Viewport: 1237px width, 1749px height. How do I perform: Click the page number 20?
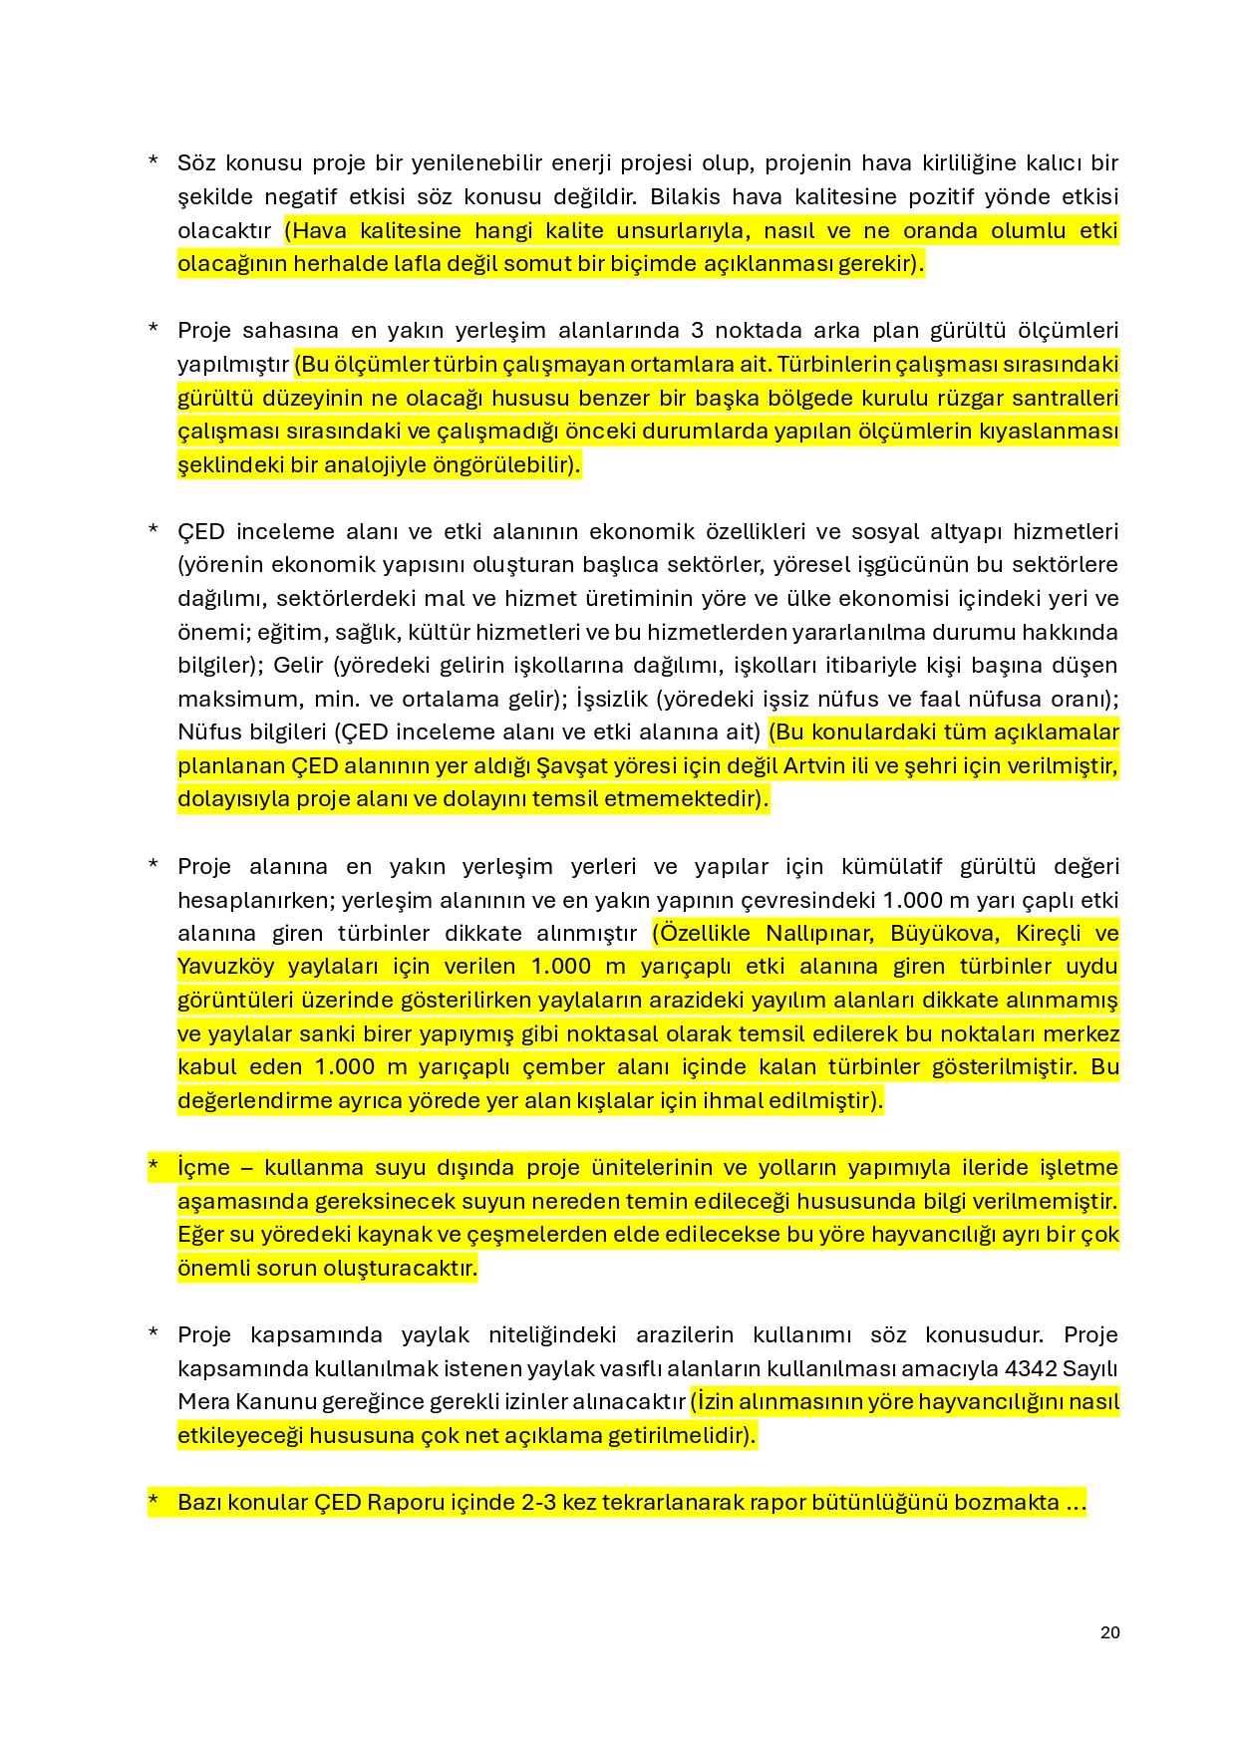1109,1632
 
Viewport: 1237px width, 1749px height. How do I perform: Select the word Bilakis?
688,196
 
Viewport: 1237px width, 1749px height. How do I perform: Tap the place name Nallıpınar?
820,933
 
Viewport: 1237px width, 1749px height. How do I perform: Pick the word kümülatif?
889,866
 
